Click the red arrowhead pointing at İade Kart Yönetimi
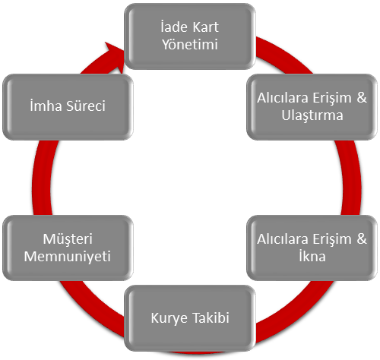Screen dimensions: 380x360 pos(116,56)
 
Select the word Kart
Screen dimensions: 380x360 pos(205,27)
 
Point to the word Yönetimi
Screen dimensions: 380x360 pos(190,45)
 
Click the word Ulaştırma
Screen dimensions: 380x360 pos(312,115)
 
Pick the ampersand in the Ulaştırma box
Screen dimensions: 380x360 pos(362,98)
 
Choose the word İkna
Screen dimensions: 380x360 pos(312,256)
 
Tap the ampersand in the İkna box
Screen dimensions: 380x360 pos(362,238)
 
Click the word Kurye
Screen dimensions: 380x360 pos(168,318)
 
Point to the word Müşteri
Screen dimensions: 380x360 pos(68,239)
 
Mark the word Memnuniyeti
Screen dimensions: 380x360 pos(68,257)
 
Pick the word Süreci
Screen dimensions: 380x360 pos(86,106)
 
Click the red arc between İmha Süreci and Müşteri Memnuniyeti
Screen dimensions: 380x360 pos(42,177)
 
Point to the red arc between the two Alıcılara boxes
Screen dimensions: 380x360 pos(351,177)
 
